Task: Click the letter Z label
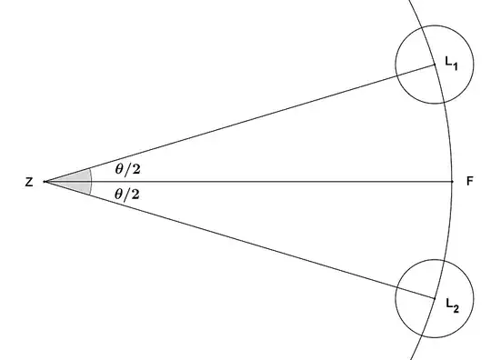pyautogui.click(x=30, y=183)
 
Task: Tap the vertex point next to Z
pyautogui.click(x=45, y=182)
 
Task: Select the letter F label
pyautogui.click(x=469, y=182)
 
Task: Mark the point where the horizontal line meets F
pyautogui.click(x=452, y=182)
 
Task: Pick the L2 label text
pyautogui.click(x=452, y=304)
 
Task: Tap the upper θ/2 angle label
pyautogui.click(x=128, y=167)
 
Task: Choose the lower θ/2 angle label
pyautogui.click(x=128, y=195)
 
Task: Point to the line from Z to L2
pyautogui.click(x=236, y=239)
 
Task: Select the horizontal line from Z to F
pyautogui.click(x=273, y=182)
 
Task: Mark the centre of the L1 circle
pyautogui.click(x=435, y=65)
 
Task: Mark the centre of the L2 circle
pyautogui.click(x=435, y=297)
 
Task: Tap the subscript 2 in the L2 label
pyautogui.click(x=457, y=307)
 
